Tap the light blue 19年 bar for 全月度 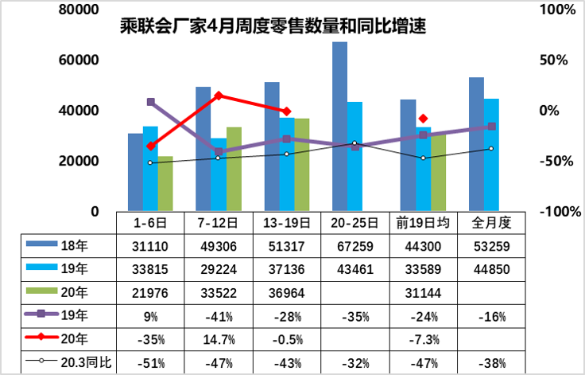[x=492, y=154]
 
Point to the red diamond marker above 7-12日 [x=219, y=96]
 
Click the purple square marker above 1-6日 [x=150, y=102]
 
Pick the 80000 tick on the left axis [x=76, y=10]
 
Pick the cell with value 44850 [x=491, y=269]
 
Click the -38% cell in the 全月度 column [x=491, y=364]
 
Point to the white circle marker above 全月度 [x=491, y=148]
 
